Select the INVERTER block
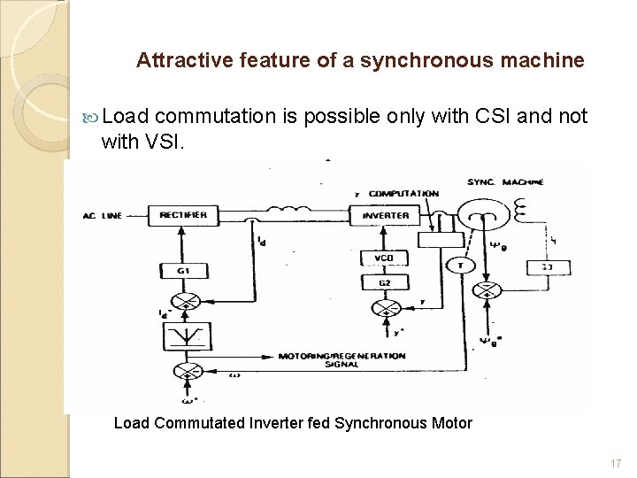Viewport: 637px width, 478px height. [x=386, y=215]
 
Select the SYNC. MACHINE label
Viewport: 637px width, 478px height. [x=507, y=181]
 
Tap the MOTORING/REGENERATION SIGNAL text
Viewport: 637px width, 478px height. [x=342, y=359]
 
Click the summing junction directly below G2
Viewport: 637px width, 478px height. [x=385, y=308]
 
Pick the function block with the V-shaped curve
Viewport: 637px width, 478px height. [x=187, y=336]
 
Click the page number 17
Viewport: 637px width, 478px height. [x=616, y=464]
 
